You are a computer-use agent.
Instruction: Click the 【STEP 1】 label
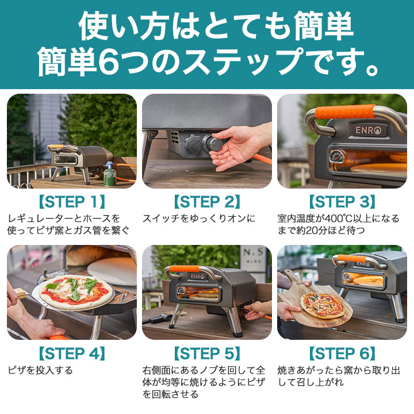coord(71,202)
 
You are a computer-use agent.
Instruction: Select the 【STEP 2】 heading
coord(206,202)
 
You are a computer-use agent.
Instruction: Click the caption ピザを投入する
coord(40,370)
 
